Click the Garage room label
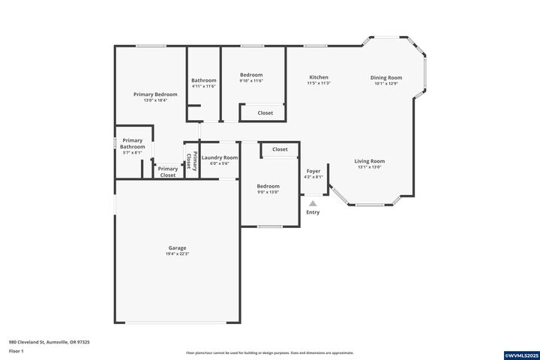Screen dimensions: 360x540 pos(177,247)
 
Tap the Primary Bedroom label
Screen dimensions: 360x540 pos(155,94)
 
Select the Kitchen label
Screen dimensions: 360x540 pos(319,77)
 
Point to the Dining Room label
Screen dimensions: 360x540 pos(386,77)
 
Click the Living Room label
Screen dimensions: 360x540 pos(369,161)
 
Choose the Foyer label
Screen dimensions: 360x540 pos(313,171)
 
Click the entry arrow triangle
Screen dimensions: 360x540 pos(313,202)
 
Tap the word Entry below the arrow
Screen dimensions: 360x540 pos(313,212)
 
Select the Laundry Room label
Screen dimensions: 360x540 pos(219,157)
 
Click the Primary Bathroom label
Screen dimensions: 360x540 pos(132,143)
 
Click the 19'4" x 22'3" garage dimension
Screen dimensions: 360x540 pos(177,254)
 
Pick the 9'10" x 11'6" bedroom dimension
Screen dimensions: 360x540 pos(251,81)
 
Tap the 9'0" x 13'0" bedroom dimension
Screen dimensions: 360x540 pos(268,192)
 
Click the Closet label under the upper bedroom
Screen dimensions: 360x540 pos(265,113)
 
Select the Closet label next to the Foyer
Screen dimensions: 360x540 pos(280,149)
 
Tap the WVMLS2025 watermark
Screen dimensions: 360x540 pos(520,354)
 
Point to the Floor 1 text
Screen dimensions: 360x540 pos(16,351)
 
